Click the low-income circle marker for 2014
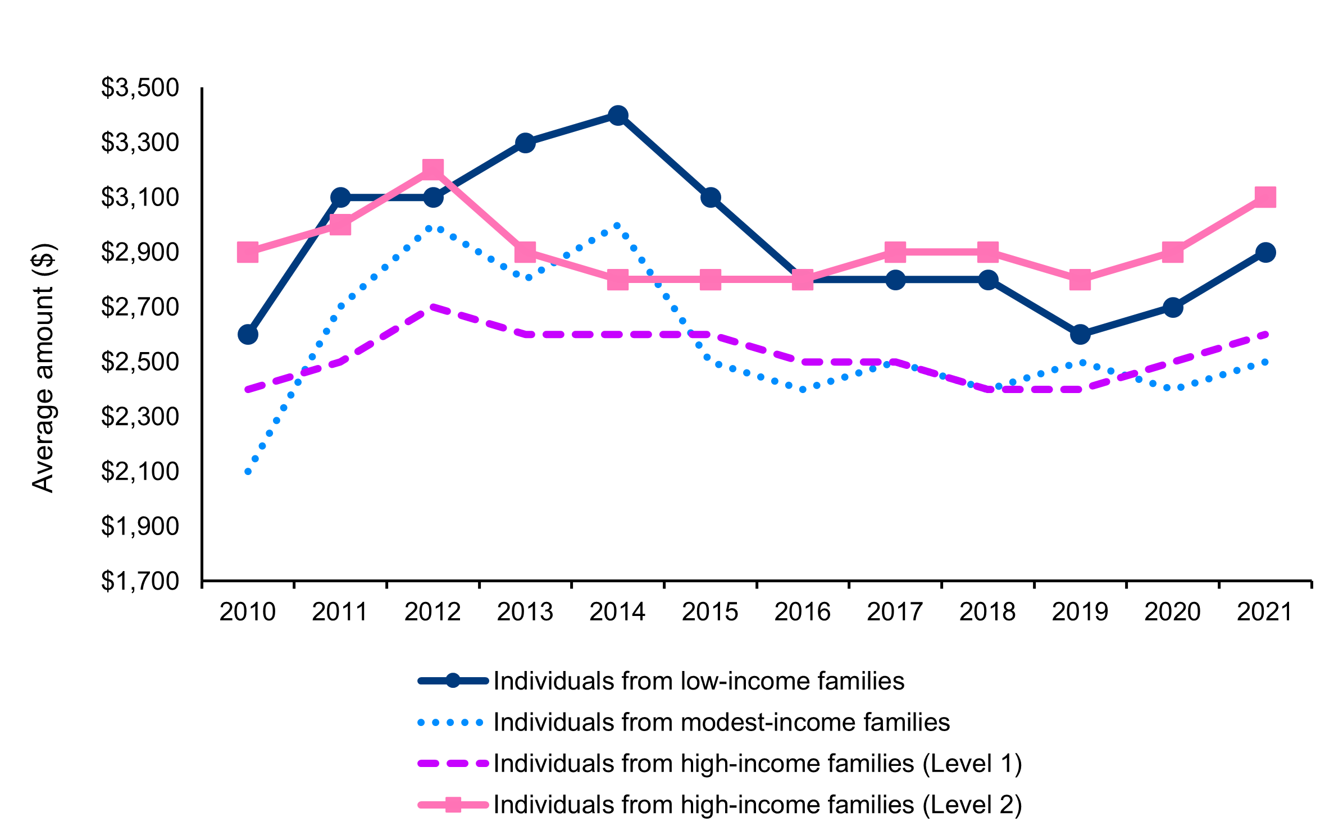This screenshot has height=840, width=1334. [618, 116]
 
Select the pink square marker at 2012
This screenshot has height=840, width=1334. [432, 169]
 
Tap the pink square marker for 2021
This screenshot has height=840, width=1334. [1265, 197]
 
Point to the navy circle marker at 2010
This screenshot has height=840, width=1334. [248, 335]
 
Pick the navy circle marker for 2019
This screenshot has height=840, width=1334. [1080, 335]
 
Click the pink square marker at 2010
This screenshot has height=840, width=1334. [248, 253]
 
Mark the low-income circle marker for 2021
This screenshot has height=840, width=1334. [1265, 253]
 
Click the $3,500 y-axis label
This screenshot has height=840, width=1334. [140, 88]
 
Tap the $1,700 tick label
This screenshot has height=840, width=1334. [140, 581]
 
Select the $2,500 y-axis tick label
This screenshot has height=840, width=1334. [140, 362]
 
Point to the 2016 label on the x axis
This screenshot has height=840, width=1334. [802, 612]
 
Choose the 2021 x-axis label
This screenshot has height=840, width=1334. [1265, 612]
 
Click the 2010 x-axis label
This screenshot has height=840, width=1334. [248, 612]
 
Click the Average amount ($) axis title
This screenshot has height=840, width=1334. [43, 368]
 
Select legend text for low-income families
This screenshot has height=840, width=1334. [699, 681]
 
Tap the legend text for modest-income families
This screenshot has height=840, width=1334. [721, 723]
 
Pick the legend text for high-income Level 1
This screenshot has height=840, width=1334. [757, 764]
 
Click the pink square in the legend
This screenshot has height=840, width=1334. [453, 805]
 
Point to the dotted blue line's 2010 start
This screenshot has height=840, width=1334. [248, 472]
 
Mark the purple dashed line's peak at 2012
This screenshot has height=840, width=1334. [432, 307]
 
